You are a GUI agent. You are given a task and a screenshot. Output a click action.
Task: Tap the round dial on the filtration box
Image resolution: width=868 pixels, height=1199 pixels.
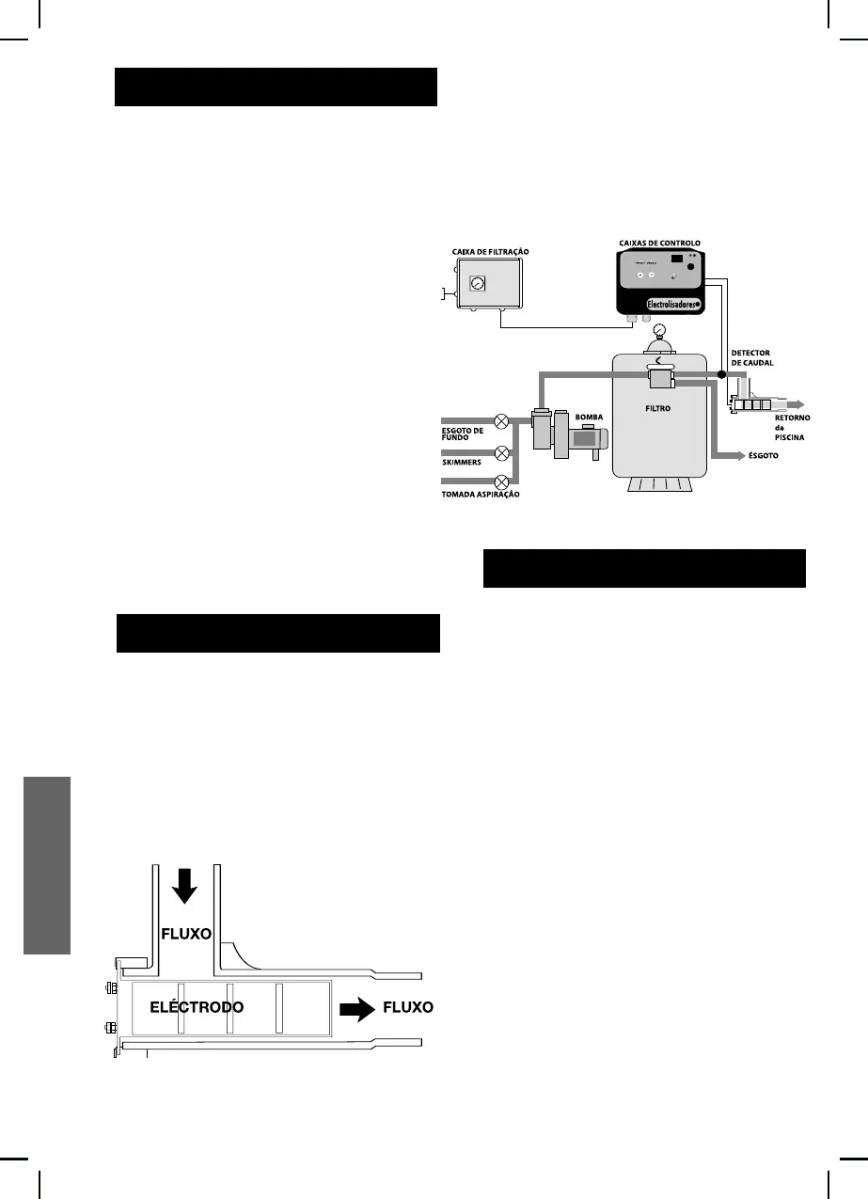coord(477,282)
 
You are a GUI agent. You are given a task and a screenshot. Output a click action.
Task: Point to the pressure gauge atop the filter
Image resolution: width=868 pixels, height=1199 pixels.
coord(658,332)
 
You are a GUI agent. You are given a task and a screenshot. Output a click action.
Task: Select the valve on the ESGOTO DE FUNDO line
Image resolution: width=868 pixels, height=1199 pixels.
coord(502,420)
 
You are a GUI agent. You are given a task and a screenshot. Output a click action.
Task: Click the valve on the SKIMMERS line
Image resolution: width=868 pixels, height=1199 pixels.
coord(502,452)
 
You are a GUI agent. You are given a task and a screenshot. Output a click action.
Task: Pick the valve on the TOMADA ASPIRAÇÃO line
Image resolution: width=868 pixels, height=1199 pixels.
coord(502,483)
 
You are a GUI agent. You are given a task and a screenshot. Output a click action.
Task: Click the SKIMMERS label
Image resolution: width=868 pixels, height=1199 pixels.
coord(463,463)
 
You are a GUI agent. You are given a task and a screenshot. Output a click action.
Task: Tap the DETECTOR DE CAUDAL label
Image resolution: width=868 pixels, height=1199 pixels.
coord(751,358)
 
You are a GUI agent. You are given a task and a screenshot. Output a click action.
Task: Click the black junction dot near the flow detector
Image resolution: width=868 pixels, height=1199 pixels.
coord(721,374)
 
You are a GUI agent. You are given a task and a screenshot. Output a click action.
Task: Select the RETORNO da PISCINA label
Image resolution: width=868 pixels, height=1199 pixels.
coord(793,428)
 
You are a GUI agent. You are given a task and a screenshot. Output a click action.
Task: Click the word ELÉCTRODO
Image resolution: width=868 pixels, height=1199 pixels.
coord(197,1007)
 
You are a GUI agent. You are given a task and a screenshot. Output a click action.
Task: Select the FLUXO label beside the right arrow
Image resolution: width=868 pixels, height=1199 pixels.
coord(407,1007)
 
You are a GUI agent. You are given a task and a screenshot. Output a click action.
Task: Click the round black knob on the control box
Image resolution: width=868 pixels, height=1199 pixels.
coord(691,266)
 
